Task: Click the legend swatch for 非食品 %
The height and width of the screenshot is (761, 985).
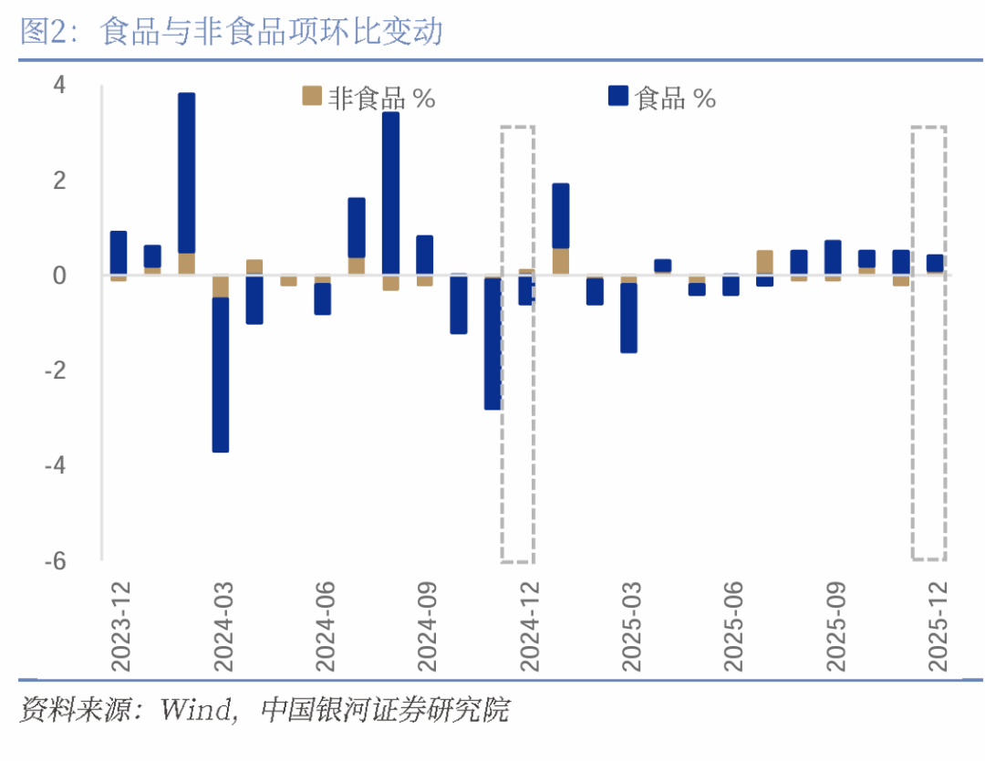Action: click(x=312, y=96)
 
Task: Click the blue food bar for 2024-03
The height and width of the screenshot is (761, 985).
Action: click(x=221, y=374)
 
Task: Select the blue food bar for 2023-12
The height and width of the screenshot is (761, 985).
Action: click(x=119, y=253)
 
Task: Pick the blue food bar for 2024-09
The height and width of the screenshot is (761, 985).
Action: click(x=425, y=255)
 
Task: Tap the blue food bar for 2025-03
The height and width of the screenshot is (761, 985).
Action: click(x=629, y=318)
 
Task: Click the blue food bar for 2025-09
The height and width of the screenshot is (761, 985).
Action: click(x=833, y=257)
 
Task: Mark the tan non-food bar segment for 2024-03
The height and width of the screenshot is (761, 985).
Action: click(x=221, y=287)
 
